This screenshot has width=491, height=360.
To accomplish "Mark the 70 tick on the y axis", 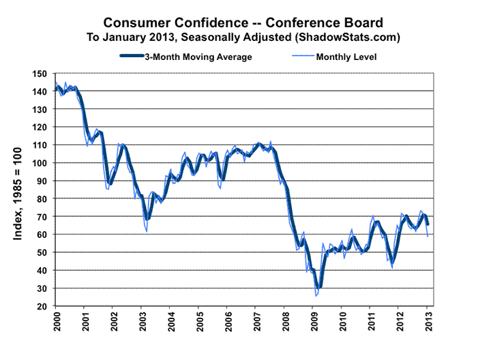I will (x=41, y=217).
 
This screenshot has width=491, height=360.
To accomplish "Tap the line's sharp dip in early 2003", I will (x=146, y=231).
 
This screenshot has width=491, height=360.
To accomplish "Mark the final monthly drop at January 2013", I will (x=428, y=236).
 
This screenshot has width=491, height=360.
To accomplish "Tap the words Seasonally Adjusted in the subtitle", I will (x=198, y=35).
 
